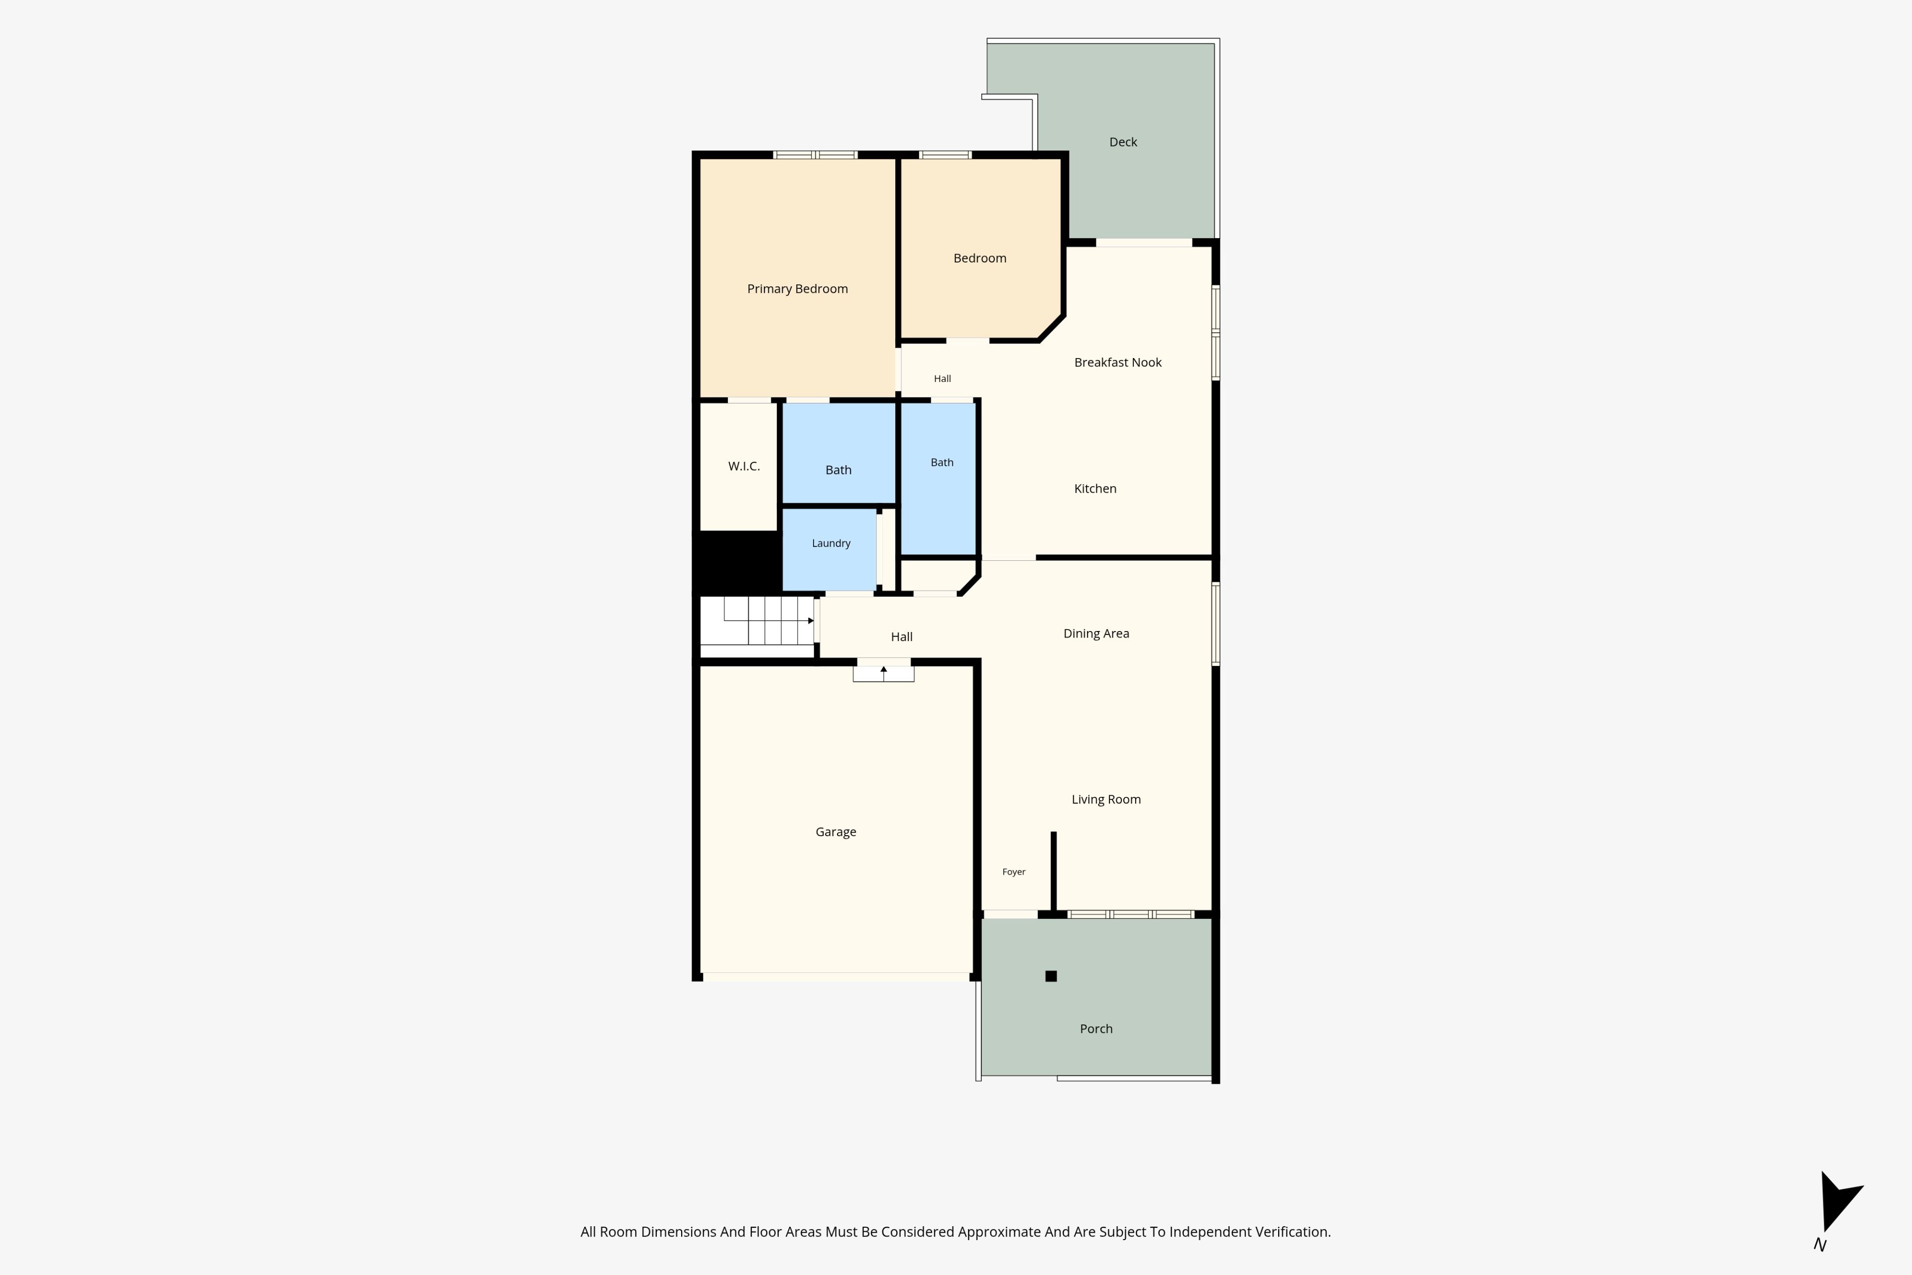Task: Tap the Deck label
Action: pyautogui.click(x=1123, y=142)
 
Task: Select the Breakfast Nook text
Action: pyautogui.click(x=1118, y=363)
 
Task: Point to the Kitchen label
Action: pyautogui.click(x=1095, y=489)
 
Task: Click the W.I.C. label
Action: pyautogui.click(x=744, y=466)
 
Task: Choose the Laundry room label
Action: pyautogui.click(x=831, y=543)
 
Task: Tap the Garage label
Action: pyautogui.click(x=836, y=832)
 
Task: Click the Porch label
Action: pyautogui.click(x=1096, y=1028)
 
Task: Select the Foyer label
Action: pyautogui.click(x=1014, y=872)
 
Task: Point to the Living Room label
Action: pyautogui.click(x=1105, y=799)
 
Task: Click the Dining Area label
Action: pyautogui.click(x=1096, y=634)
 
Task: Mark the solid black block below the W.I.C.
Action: pyautogui.click(x=736, y=562)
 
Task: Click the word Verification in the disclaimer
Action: pyautogui.click(x=1289, y=1232)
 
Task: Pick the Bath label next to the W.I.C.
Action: pyautogui.click(x=838, y=470)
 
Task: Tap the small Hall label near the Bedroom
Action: pyautogui.click(x=942, y=379)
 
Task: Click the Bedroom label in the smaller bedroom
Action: pyautogui.click(x=979, y=258)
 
